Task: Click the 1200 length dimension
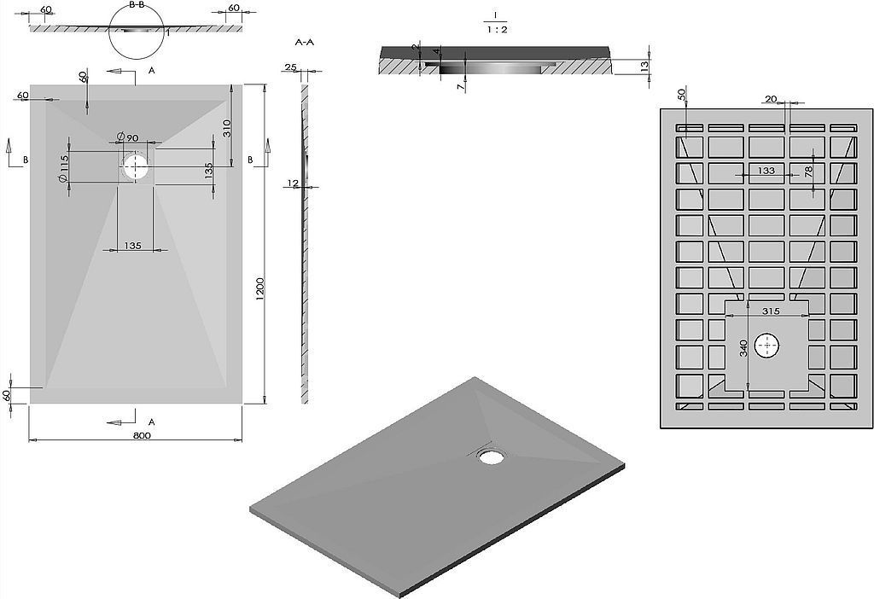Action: [x=260, y=291]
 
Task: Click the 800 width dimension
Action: [x=143, y=436]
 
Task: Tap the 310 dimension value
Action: [x=227, y=128]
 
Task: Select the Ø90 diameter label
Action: [x=128, y=137]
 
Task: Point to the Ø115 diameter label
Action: [x=63, y=167]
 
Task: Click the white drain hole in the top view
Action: [x=136, y=166]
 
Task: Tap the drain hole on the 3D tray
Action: [x=491, y=457]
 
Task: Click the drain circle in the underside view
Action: [x=767, y=346]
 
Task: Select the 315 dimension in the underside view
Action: [x=772, y=311]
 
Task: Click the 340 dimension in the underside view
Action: [x=743, y=348]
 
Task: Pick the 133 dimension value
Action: [x=767, y=171]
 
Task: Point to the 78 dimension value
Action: [x=808, y=170]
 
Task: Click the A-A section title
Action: [x=305, y=43]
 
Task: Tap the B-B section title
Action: [x=137, y=4]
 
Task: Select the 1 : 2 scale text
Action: [x=497, y=30]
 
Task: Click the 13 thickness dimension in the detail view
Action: [x=644, y=66]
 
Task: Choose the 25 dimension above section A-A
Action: [x=290, y=67]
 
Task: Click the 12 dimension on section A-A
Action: [x=294, y=183]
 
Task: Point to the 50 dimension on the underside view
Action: [x=682, y=94]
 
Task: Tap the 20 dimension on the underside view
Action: [x=771, y=99]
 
